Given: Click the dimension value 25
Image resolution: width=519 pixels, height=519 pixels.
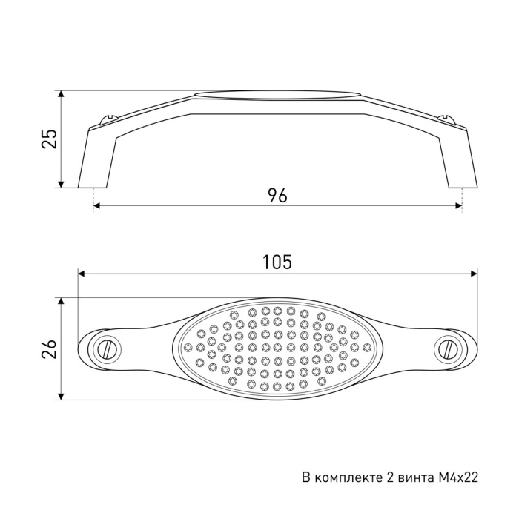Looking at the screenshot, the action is [x=50, y=139].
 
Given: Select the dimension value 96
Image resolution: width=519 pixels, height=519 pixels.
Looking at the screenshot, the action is [x=277, y=195].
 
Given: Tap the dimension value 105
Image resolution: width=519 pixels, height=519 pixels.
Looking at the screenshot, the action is [x=277, y=262].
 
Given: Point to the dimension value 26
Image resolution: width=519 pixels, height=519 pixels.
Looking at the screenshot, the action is [x=50, y=348].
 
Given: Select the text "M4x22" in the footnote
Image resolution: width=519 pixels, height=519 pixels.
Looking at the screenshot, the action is [x=458, y=477].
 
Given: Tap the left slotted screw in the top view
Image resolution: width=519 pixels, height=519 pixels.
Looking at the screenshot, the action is [x=108, y=349].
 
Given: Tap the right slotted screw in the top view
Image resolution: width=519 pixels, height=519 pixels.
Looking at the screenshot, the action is [x=448, y=349].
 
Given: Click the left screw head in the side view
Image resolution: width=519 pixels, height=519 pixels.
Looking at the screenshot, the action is [x=108, y=119].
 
